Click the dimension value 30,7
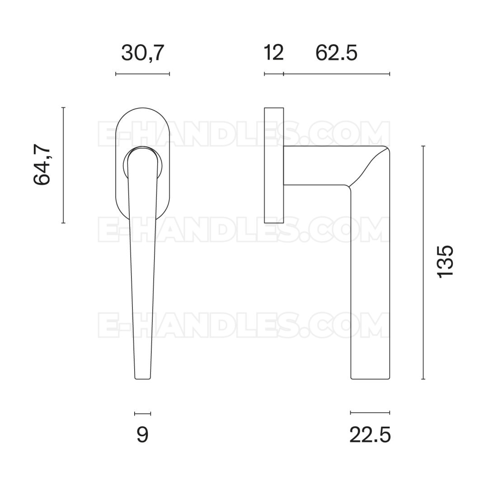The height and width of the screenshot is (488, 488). [x=142, y=53]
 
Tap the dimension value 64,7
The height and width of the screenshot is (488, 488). [x=42, y=165]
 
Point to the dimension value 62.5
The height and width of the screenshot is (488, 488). [x=337, y=53]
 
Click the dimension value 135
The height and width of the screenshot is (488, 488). [x=446, y=262]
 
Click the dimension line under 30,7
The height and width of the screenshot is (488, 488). [x=142, y=74]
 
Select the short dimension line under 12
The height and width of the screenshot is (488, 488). [x=274, y=74]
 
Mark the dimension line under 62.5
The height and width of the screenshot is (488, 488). [x=337, y=74]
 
